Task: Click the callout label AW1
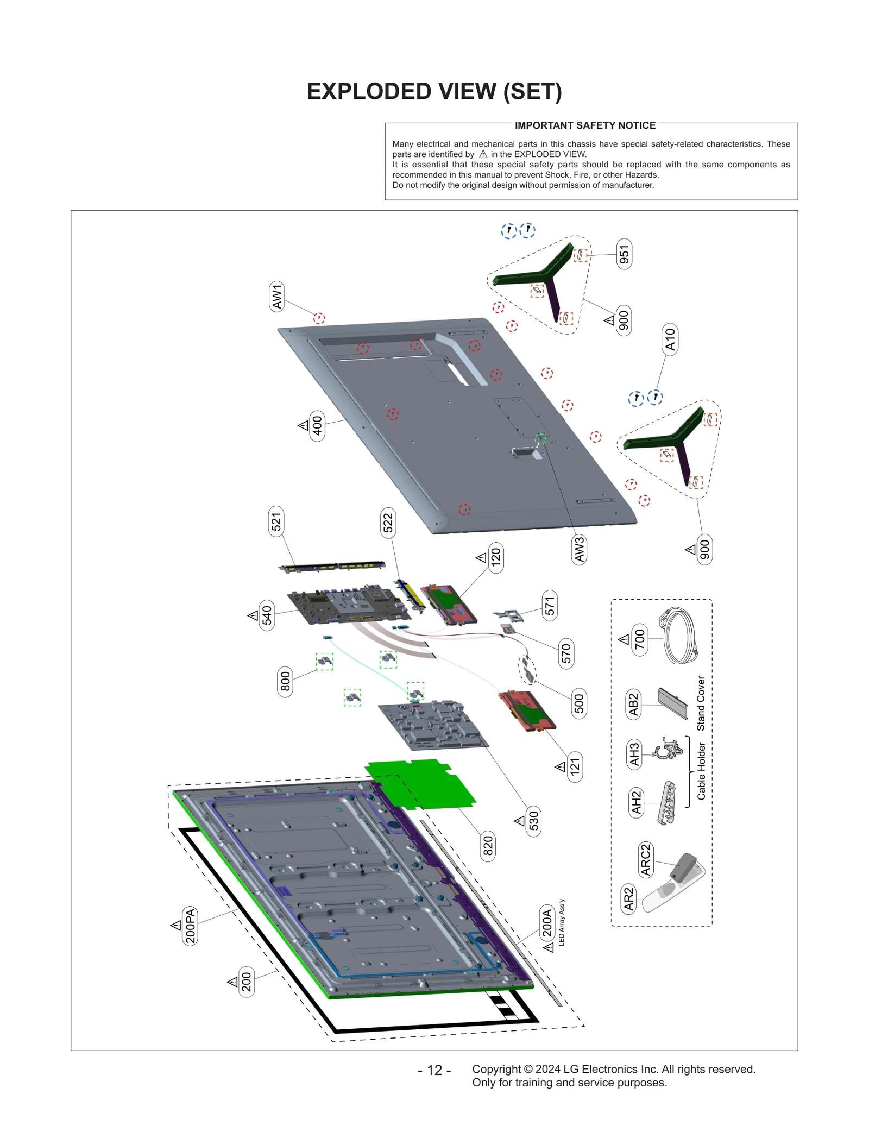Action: coord(277,297)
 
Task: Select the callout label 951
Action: coord(624,254)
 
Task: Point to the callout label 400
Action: coord(317,426)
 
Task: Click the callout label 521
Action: coord(276,521)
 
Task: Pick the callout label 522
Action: coord(388,523)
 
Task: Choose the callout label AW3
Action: coord(580,549)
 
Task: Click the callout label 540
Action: coord(267,615)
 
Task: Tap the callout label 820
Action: coord(488,846)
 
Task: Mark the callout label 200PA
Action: coord(190,926)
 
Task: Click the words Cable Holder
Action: coord(701,771)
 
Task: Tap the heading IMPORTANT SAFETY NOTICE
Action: coord(585,125)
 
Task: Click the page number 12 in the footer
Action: coord(434,1070)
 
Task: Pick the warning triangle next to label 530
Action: coord(520,821)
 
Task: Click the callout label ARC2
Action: coord(645,859)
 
